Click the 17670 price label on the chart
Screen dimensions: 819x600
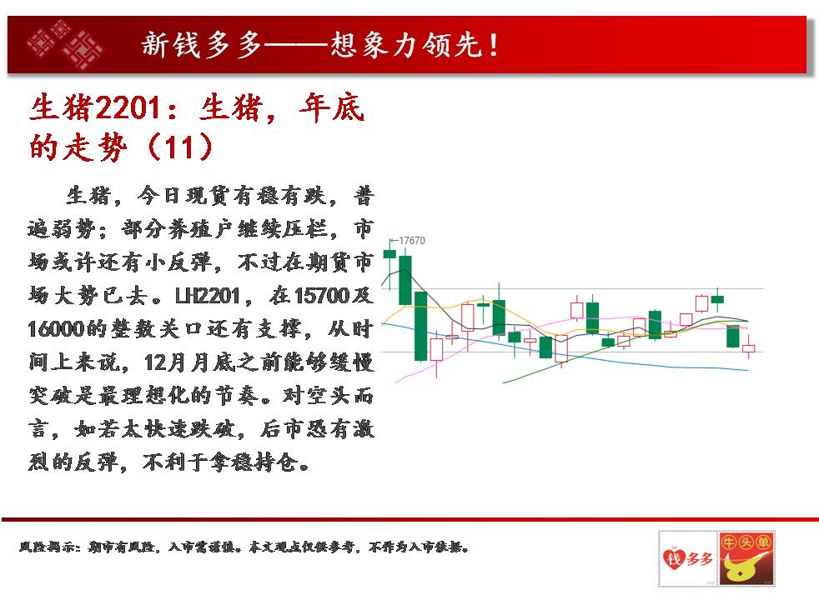tap(412, 241)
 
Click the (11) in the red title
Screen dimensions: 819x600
tap(180, 147)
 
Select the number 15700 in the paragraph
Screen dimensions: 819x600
tap(321, 296)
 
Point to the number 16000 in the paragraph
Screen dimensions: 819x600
tap(56, 329)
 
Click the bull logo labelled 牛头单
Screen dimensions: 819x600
tap(746, 558)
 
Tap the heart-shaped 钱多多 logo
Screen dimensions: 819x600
tap(687, 558)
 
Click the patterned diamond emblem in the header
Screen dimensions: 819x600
tap(65, 45)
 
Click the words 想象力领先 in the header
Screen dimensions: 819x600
tap(405, 45)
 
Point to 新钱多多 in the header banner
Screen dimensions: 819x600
tap(200, 45)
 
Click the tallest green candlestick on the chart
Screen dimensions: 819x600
tap(420, 326)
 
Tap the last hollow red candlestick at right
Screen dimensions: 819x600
tap(748, 347)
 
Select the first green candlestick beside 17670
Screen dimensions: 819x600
tap(389, 254)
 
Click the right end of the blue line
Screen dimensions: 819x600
tap(748, 371)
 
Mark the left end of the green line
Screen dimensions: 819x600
tap(503, 382)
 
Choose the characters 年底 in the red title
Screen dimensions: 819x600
tap(332, 108)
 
